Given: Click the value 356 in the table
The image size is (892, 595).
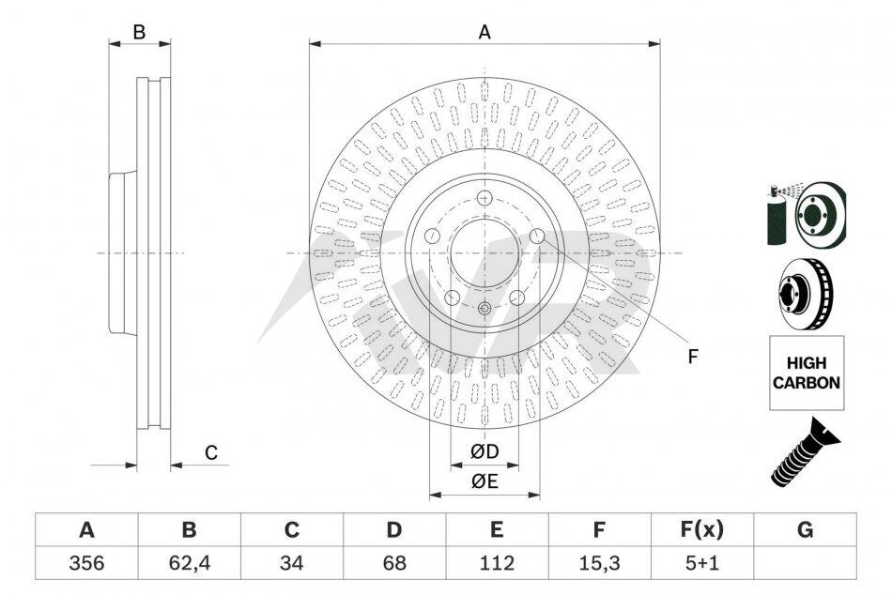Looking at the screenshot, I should coord(86,563).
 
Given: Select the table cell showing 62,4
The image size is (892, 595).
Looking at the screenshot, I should coord(189,563).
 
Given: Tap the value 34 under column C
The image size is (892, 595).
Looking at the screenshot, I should coord(291,563).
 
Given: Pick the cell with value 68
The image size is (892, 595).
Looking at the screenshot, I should coord(393,563).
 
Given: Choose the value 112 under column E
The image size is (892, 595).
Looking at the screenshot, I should coord(496,563).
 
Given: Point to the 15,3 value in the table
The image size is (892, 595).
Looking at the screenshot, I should coord(598,563).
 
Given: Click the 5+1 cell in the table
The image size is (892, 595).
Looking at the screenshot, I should coord(700,563).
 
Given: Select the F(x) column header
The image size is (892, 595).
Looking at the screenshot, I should coord(700,530).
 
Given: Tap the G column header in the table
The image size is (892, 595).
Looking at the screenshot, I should coord(805,530).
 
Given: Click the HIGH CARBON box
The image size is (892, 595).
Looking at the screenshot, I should coord(807,373).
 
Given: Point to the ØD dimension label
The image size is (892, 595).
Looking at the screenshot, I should coord(484,452).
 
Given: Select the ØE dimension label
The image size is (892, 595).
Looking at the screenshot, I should coord(484,482).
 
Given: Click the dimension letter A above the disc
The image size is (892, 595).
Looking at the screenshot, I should coord(484,32).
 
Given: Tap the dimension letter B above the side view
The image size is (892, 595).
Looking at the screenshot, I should coord(139,32).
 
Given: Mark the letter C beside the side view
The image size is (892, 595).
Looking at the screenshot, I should coord(211,453).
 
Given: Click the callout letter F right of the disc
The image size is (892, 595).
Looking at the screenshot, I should coord(692,357).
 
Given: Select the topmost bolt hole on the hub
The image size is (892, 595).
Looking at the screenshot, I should coord(484,198).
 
